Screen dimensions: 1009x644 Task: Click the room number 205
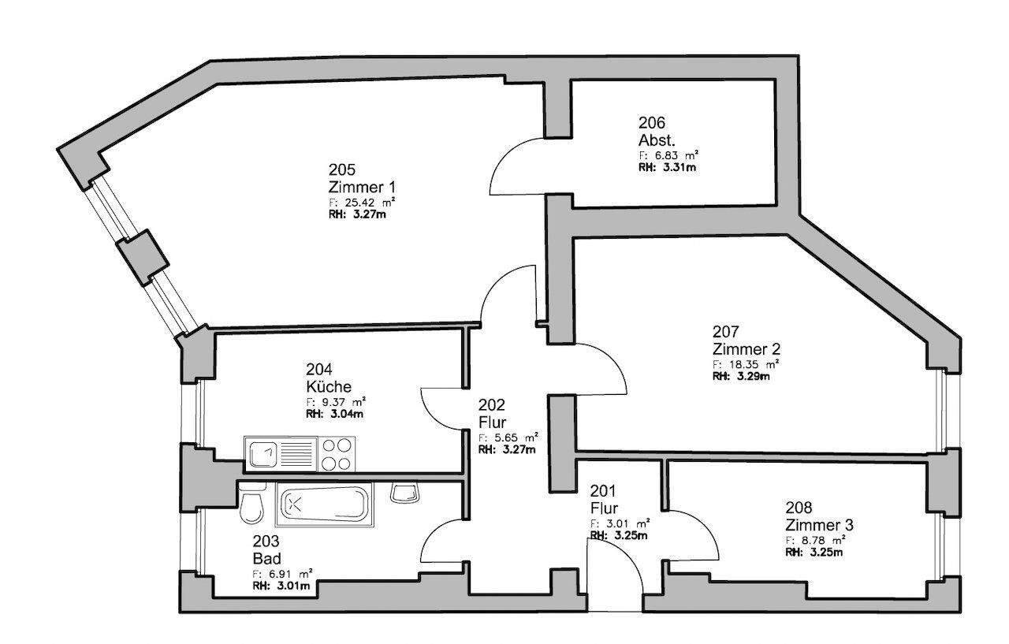click(342, 169)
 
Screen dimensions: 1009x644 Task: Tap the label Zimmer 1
click(362, 187)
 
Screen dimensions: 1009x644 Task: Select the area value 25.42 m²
click(363, 203)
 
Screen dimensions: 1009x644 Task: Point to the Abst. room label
click(657, 140)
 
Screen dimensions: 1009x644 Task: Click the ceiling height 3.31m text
click(667, 168)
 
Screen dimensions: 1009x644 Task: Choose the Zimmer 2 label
click(747, 349)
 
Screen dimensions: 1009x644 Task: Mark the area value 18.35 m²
click(747, 364)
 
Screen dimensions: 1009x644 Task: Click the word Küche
click(329, 386)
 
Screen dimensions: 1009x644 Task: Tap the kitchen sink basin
click(263, 454)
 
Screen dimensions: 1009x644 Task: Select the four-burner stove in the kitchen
click(337, 454)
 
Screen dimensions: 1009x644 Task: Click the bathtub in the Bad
click(323, 504)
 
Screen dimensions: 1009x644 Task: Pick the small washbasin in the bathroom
click(405, 493)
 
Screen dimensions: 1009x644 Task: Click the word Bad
click(266, 559)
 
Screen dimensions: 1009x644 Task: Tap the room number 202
click(491, 405)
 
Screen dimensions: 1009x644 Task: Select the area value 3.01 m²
click(620, 523)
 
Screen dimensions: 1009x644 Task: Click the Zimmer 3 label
click(819, 525)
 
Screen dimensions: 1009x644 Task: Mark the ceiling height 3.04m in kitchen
click(335, 414)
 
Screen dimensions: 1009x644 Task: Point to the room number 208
click(799, 508)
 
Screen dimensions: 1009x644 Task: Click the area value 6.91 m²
click(283, 574)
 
